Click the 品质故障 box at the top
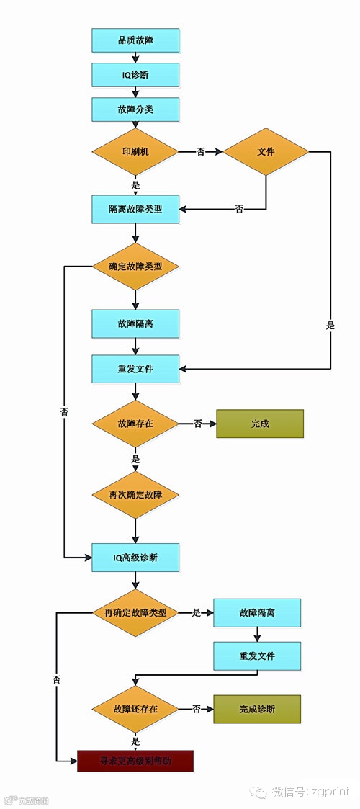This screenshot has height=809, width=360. point(135,40)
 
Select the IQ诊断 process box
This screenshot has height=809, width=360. point(135,75)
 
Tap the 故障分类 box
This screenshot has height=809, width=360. point(135,110)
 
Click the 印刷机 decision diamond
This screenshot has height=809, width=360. point(135,152)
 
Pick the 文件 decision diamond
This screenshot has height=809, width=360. point(266,152)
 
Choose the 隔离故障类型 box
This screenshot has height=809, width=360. point(135,209)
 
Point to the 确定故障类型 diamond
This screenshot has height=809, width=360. point(135,267)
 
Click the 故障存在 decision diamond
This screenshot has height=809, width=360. point(135,424)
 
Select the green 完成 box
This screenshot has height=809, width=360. point(260,424)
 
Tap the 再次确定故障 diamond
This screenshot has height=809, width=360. point(135,495)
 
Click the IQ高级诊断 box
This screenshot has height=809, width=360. point(135,558)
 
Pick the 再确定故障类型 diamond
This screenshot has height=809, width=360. point(135,613)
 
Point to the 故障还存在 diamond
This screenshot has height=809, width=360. point(135,709)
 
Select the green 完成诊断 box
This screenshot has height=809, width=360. point(257,709)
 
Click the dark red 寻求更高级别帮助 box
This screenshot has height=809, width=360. point(135,761)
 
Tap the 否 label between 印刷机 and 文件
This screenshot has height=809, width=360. point(200,152)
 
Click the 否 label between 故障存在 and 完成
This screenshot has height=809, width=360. point(197,424)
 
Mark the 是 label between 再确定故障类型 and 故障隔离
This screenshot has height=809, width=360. point(196,613)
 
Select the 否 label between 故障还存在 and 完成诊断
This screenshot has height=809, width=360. point(196,709)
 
